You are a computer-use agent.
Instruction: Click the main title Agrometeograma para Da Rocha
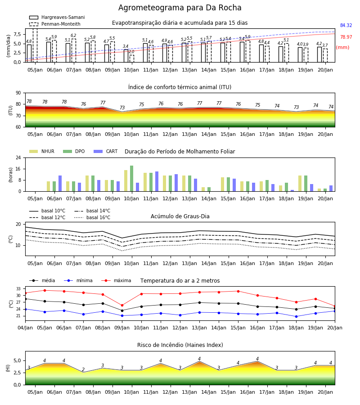pos(180,8)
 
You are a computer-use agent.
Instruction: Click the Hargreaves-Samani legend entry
pos(57,17)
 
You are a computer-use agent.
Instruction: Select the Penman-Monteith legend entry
pos(55,24)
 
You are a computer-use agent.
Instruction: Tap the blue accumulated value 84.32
pos(346,25)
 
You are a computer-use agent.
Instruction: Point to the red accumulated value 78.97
pos(346,37)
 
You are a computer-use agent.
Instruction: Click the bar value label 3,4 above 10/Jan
pos(126,46)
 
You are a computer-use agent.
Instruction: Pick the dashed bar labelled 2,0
pos(132,58)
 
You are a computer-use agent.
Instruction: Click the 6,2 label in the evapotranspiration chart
pos(73,36)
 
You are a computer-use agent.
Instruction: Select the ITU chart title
pos(180,87)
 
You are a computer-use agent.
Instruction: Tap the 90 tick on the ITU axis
pos(18,93)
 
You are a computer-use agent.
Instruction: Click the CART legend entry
pos(106,151)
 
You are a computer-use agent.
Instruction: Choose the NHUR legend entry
pos(42,151)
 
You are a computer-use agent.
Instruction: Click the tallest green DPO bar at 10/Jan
pos(132,179)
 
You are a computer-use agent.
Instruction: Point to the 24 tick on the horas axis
pos(18,157)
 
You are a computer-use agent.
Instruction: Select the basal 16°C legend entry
pos(92,217)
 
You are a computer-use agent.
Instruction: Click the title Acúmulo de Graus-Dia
pos(180,216)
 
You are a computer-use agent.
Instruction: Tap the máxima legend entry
pos(116,280)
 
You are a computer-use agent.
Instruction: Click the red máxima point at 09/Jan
pos(122,305)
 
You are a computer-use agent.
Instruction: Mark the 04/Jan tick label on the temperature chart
pos(25,328)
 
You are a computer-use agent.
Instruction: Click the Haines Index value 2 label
pos(83,369)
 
